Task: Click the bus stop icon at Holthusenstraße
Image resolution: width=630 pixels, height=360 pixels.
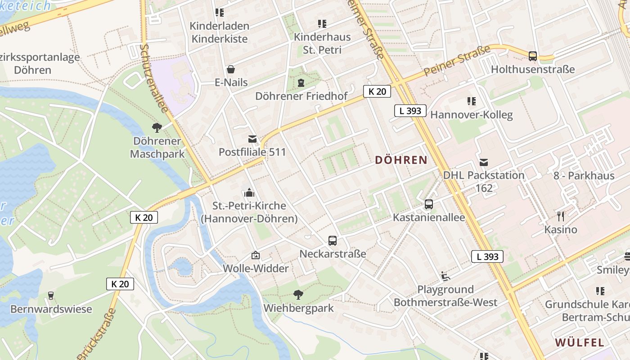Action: coord(533,56)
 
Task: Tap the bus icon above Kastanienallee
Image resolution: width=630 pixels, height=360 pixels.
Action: coord(429,204)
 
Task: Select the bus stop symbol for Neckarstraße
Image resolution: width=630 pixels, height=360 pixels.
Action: coord(333,241)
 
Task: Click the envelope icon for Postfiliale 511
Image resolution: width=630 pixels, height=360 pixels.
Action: coord(252,139)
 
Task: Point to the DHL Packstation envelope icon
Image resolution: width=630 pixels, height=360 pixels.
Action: coord(484,162)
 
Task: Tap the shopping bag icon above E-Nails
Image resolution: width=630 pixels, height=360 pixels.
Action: coord(231,69)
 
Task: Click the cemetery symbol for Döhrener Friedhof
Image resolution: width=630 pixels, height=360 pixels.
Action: coord(301,83)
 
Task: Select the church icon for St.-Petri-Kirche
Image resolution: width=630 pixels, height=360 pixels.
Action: coord(249,193)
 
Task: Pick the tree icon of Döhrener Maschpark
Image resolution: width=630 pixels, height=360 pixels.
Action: coord(157,128)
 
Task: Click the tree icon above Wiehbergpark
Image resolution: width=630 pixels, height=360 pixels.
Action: coord(298,295)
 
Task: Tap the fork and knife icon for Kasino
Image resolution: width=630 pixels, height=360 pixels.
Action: coord(561,216)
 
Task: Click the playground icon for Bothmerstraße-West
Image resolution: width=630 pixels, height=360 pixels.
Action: coord(445,276)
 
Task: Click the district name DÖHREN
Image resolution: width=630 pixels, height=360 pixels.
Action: coord(401,160)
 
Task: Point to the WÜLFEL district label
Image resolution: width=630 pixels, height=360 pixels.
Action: coord(580,342)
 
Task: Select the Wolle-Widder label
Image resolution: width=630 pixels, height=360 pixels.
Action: coord(256,269)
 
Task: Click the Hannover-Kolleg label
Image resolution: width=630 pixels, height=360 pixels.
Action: coord(471,115)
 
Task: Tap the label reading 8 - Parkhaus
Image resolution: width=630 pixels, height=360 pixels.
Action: coord(584,175)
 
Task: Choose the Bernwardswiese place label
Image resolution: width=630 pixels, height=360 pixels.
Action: coord(51,309)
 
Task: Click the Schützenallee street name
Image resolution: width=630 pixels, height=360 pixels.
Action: coord(154,78)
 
